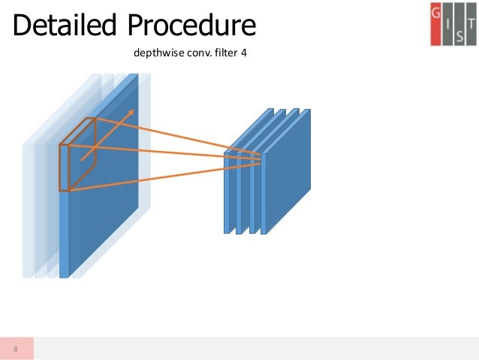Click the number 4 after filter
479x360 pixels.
tap(244, 54)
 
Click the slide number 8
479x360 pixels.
tap(16, 348)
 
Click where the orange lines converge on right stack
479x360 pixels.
tap(261, 156)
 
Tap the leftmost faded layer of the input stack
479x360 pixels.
tap(29, 210)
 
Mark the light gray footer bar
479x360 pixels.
tap(255, 348)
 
